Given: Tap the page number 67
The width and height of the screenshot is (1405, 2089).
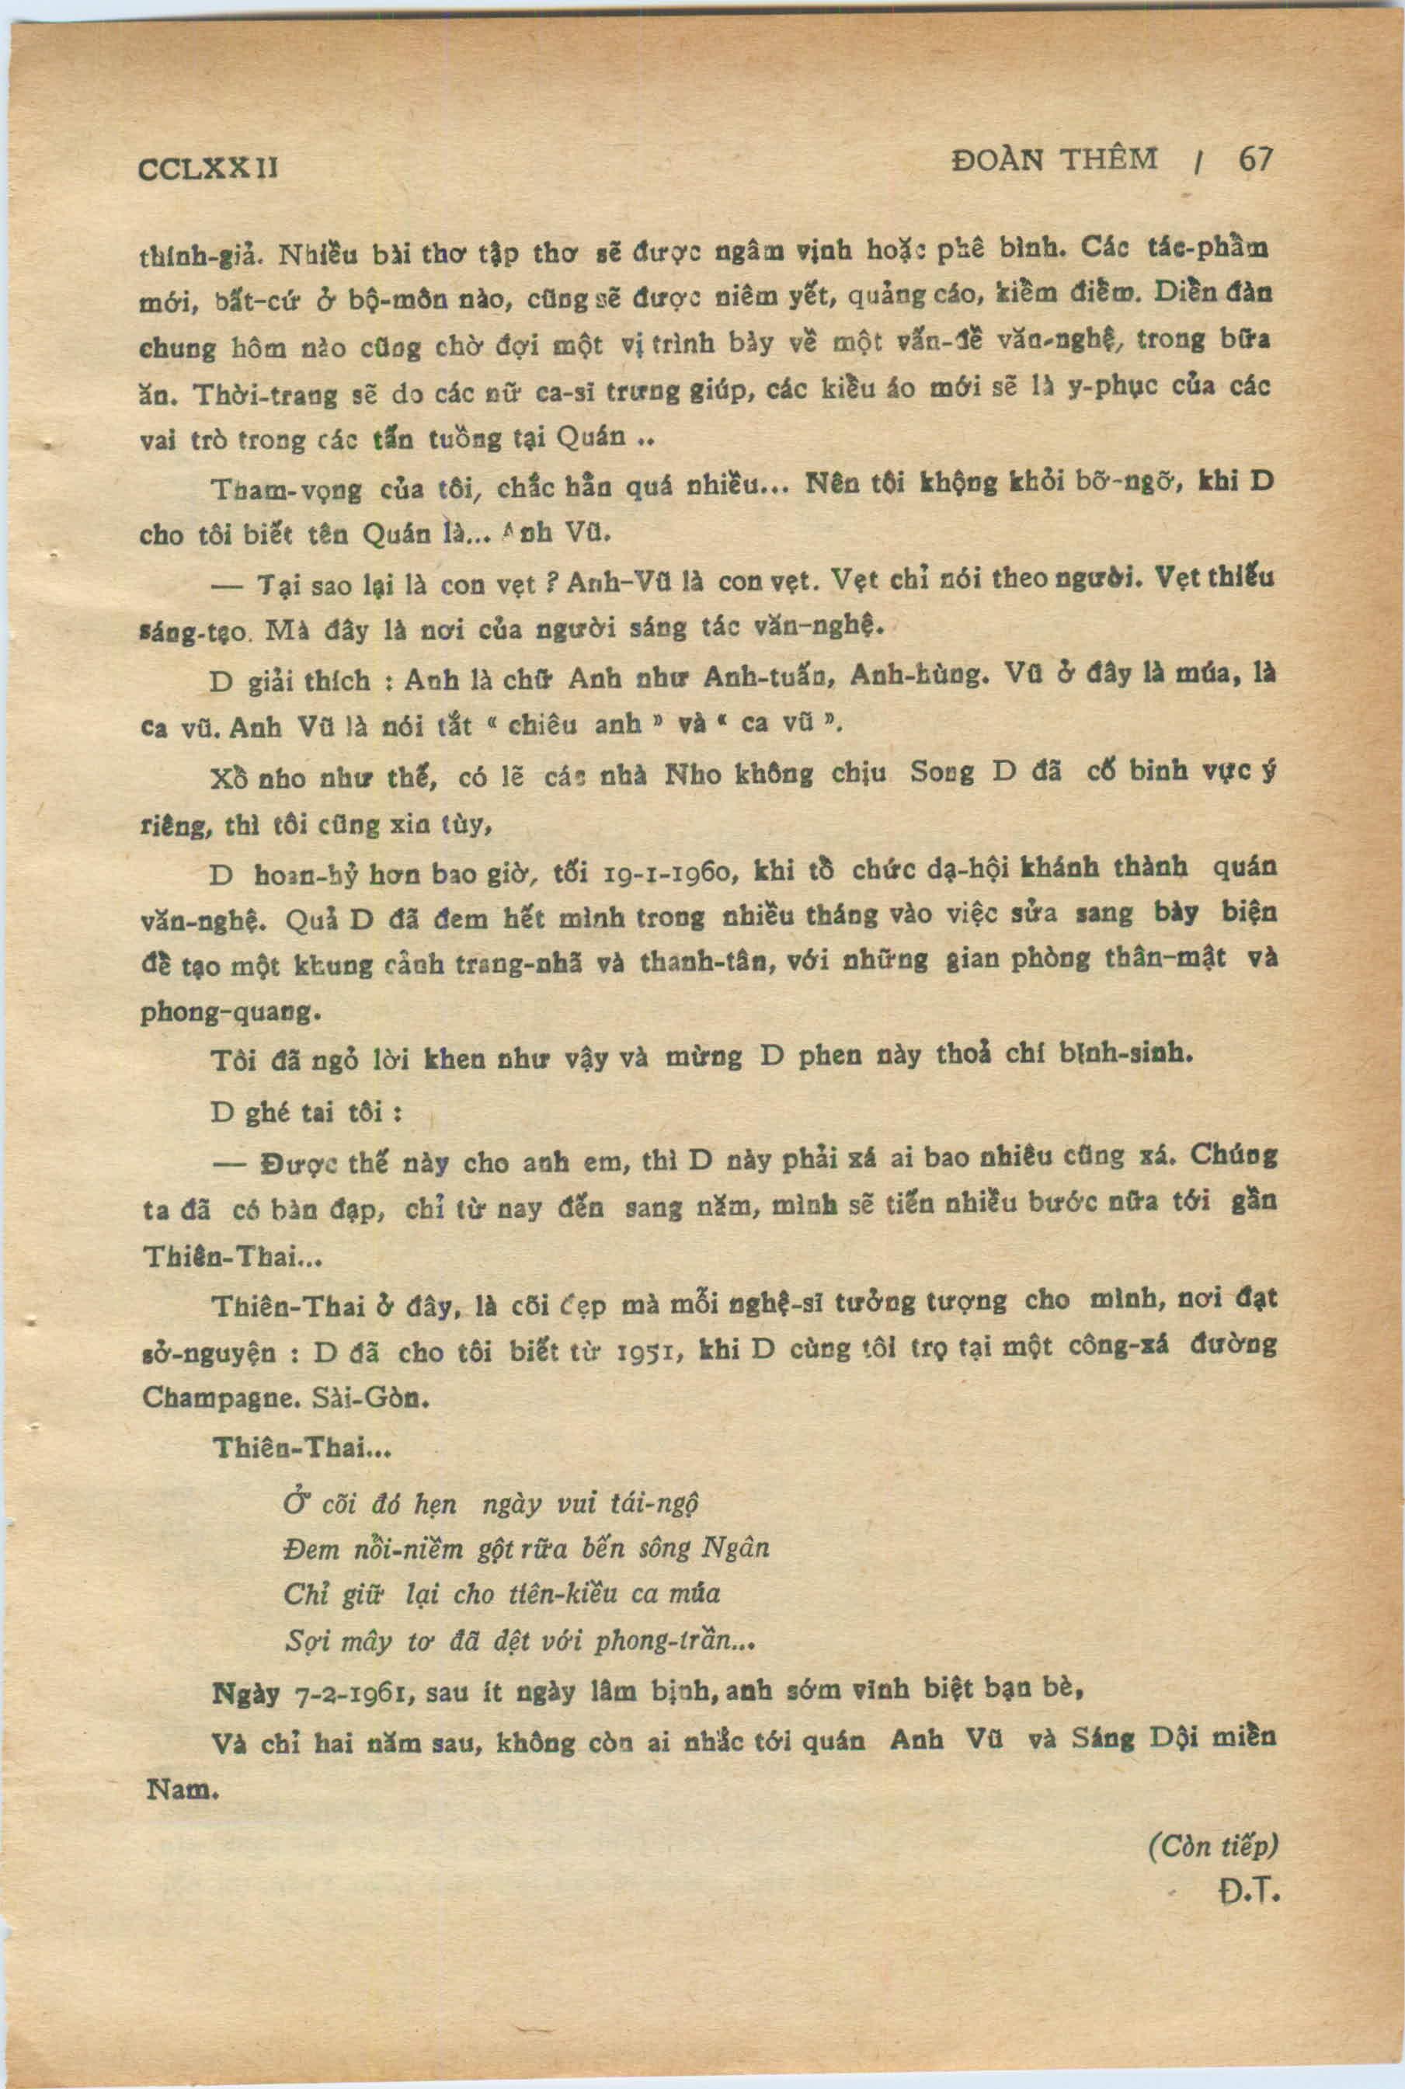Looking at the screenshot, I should (x=1255, y=159).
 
